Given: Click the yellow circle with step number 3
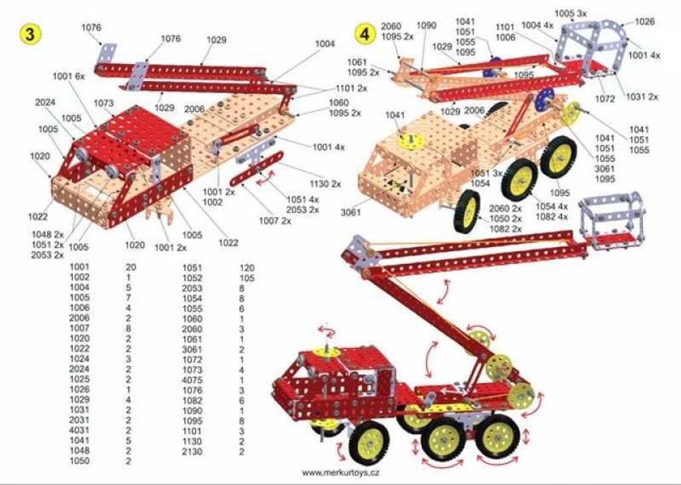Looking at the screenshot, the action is [x=29, y=34].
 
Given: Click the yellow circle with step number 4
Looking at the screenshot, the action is [x=365, y=34].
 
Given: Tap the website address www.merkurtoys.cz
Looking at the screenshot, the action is [x=340, y=472].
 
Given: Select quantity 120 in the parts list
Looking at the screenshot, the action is [x=247, y=268].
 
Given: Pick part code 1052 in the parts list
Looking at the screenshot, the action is [x=192, y=278].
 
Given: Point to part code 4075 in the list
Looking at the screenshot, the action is [x=192, y=380].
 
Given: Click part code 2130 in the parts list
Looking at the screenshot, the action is [x=192, y=452].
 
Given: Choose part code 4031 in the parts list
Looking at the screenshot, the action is [x=80, y=431].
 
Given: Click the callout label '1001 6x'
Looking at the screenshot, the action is [x=68, y=76].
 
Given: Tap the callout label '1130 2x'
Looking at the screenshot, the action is [x=325, y=184].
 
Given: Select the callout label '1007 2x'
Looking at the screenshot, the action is [x=275, y=221].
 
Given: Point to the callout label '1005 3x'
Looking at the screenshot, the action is [x=570, y=13].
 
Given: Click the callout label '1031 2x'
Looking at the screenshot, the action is [x=642, y=96].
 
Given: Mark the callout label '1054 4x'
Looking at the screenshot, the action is [x=551, y=207].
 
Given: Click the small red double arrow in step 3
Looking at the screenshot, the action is [x=265, y=178].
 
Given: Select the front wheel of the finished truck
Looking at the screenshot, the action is [x=368, y=443].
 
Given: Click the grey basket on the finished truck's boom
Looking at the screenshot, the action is [x=612, y=222].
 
